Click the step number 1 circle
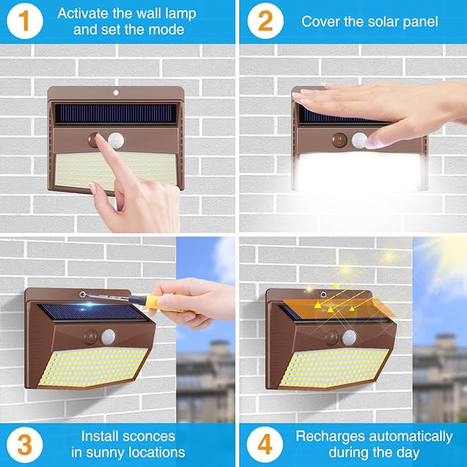24,21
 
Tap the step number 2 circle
264,21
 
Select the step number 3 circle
24,444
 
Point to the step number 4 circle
264,444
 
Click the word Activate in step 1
83,13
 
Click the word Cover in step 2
320,21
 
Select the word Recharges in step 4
327,435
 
